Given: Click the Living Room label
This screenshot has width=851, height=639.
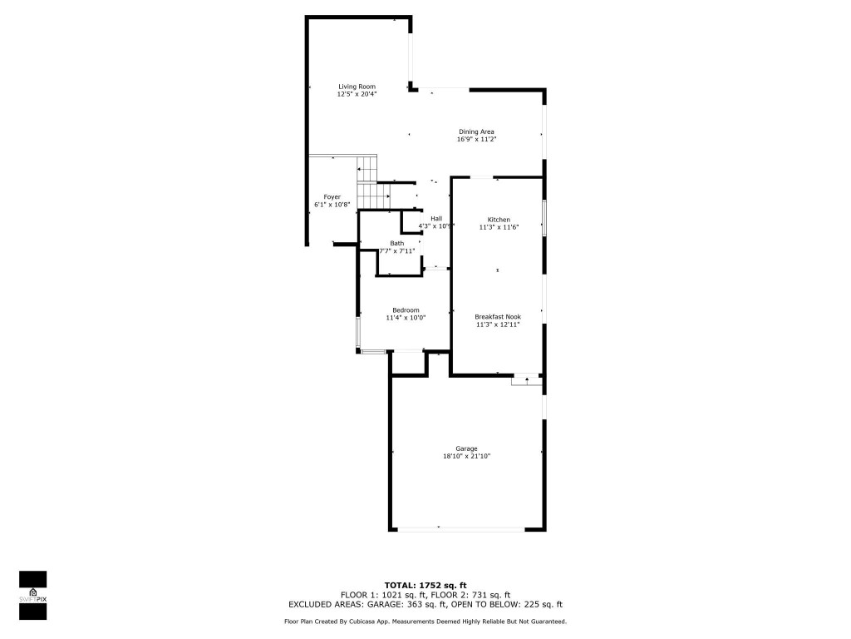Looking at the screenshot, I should pyautogui.click(x=357, y=87).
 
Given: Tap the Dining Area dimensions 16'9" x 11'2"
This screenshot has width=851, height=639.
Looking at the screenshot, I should pyautogui.click(x=476, y=140).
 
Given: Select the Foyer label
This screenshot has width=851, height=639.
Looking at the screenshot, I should pyautogui.click(x=321, y=196).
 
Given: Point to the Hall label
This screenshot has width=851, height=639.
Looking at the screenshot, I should pyautogui.click(x=436, y=218).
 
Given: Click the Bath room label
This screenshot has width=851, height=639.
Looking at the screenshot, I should pyautogui.click(x=396, y=243).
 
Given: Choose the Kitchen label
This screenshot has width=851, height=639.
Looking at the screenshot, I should pyautogui.click(x=499, y=219).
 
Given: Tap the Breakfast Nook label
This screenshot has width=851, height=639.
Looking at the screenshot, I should pyautogui.click(x=498, y=316).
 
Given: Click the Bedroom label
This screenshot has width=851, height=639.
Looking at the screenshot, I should pyautogui.click(x=406, y=310).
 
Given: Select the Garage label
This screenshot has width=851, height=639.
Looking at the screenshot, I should pyautogui.click(x=466, y=448).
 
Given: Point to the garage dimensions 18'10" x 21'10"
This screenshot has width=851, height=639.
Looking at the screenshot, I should pyautogui.click(x=466, y=456).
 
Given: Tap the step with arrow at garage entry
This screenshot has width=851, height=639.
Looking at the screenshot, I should pyautogui.click(x=526, y=379).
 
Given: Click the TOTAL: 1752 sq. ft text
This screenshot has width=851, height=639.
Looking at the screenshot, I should pyautogui.click(x=425, y=584).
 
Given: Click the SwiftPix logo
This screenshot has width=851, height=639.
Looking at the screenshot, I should pyautogui.click(x=32, y=595).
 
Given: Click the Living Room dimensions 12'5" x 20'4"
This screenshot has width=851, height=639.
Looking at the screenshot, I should pyautogui.click(x=357, y=94).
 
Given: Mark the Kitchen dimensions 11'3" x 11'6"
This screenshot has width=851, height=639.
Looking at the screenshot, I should pyautogui.click(x=499, y=227).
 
